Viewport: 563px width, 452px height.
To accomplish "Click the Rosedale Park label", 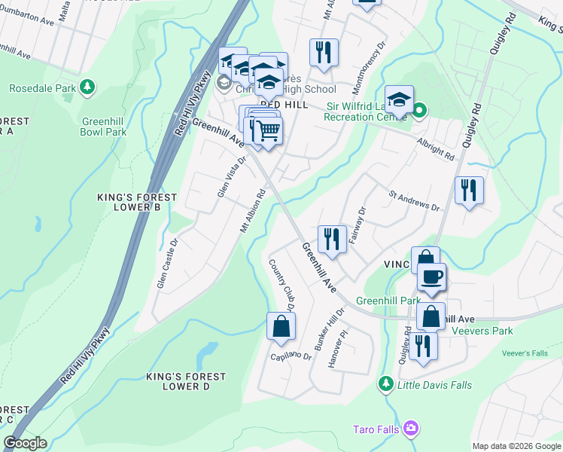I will point(42,88).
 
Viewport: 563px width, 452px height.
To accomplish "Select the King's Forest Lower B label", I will point(136,202).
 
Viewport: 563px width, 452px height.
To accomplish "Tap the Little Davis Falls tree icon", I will point(386,384).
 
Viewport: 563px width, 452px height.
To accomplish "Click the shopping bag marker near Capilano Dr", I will point(281,326).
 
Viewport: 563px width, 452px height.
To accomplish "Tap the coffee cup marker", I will point(431,276).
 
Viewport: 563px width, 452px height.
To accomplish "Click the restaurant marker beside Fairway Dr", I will point(331,239).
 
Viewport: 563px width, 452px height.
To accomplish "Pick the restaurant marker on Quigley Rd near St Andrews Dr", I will point(469,190).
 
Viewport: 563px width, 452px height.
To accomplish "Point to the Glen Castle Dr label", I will point(166,264).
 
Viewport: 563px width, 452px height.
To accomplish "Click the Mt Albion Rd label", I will point(254,210).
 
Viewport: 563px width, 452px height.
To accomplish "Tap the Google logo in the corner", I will point(25,443).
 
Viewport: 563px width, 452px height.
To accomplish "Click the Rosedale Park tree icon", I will point(87,87).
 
